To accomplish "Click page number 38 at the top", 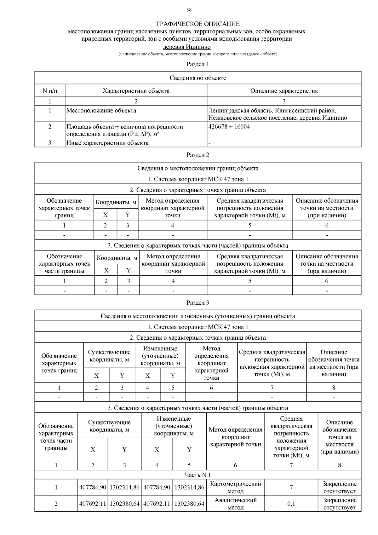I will [x=189, y=10].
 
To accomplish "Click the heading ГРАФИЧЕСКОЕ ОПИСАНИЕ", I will [x=198, y=24].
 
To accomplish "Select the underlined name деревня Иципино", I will [x=186, y=47].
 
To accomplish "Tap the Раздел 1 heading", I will [x=198, y=64].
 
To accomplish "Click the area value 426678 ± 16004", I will [x=229, y=127].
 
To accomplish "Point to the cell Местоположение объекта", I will [x=101, y=111].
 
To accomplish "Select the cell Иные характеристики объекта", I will [x=107, y=143].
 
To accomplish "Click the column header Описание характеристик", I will [x=284, y=91].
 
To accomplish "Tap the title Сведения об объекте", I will [x=198, y=78].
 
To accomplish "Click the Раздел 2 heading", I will [x=198, y=155].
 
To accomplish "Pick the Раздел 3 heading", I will [x=198, y=303].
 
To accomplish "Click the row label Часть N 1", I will [x=198, y=475].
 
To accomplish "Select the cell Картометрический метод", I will [x=235, y=487].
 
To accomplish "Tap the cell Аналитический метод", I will [x=235, y=503].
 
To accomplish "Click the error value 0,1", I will [x=291, y=503].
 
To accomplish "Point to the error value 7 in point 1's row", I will [x=291, y=487].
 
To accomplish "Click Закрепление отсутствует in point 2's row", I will [x=339, y=503].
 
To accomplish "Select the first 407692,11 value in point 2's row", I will [x=93, y=503].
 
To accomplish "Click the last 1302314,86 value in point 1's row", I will [x=189, y=487].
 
